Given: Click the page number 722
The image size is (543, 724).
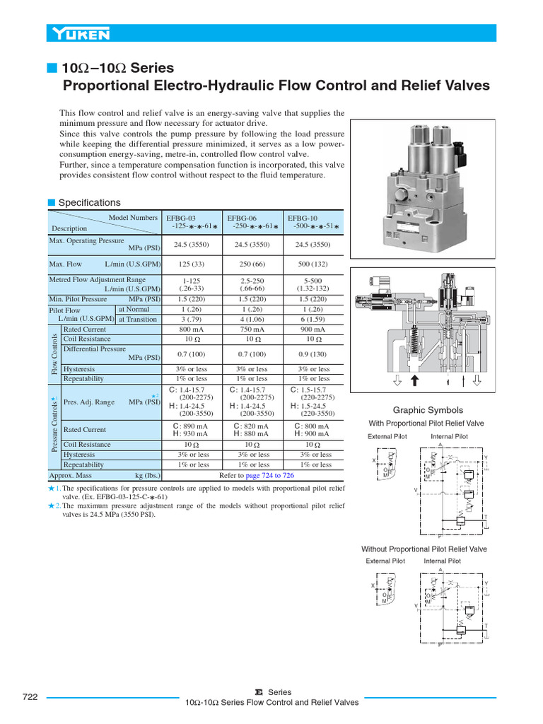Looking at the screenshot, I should (30, 696).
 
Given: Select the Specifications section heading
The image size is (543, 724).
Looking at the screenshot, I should (88, 202).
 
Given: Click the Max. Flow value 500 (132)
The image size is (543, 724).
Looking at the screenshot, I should (313, 264).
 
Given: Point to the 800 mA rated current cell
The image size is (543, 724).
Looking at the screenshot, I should (192, 329).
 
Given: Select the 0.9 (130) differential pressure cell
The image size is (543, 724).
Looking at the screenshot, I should (313, 354).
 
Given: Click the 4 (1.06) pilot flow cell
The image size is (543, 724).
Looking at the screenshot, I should (252, 319).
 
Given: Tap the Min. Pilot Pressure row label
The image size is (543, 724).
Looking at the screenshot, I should (78, 299).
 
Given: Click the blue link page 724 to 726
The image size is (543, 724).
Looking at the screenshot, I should (269, 476).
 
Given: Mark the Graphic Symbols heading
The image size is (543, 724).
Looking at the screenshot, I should (428, 410).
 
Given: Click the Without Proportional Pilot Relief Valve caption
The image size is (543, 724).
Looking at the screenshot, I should (424, 549).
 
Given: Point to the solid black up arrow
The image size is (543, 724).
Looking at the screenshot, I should (415, 381).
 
